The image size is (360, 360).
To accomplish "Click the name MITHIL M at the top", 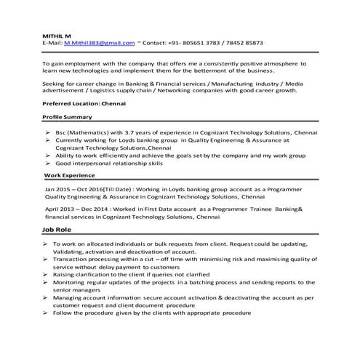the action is coord(55,36).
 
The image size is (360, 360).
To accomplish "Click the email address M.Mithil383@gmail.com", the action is coord(99,44).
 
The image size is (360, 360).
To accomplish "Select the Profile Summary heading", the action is coord(67,116).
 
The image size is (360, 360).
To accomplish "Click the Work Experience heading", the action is coord(69,175).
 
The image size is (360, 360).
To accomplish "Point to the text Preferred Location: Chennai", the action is coord(81,103).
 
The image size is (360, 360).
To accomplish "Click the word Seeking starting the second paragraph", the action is coord(56,84).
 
